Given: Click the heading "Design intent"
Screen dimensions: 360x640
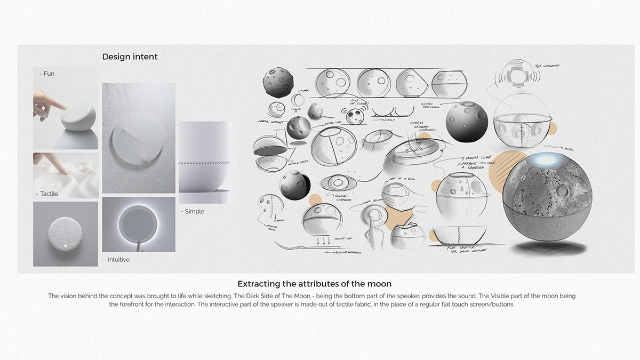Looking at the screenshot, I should click(x=130, y=57).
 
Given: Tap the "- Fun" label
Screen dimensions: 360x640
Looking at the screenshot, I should click(x=47, y=74).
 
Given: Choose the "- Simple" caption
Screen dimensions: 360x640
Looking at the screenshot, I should click(x=193, y=212).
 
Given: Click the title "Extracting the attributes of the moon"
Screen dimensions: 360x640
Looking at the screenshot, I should click(x=318, y=284).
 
